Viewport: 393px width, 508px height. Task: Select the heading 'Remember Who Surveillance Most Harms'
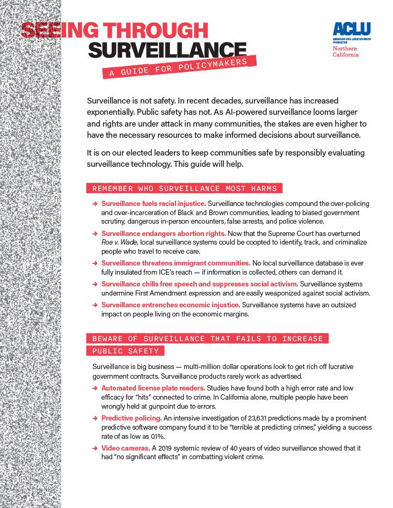[x=184, y=188]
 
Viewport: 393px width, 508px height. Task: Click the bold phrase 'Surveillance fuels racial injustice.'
[x=154, y=204]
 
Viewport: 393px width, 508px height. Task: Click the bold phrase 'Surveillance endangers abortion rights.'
[x=164, y=234]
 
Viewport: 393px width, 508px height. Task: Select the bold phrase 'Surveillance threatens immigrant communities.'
[x=176, y=263]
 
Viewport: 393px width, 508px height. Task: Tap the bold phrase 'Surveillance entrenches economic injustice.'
[x=170, y=305]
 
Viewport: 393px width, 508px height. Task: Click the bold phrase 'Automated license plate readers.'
[x=153, y=387]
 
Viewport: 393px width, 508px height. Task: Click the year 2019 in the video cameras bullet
[x=165, y=447]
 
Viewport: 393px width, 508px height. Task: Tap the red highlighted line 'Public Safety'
[x=125, y=351]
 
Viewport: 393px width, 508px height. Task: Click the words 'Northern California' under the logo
[x=346, y=51]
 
